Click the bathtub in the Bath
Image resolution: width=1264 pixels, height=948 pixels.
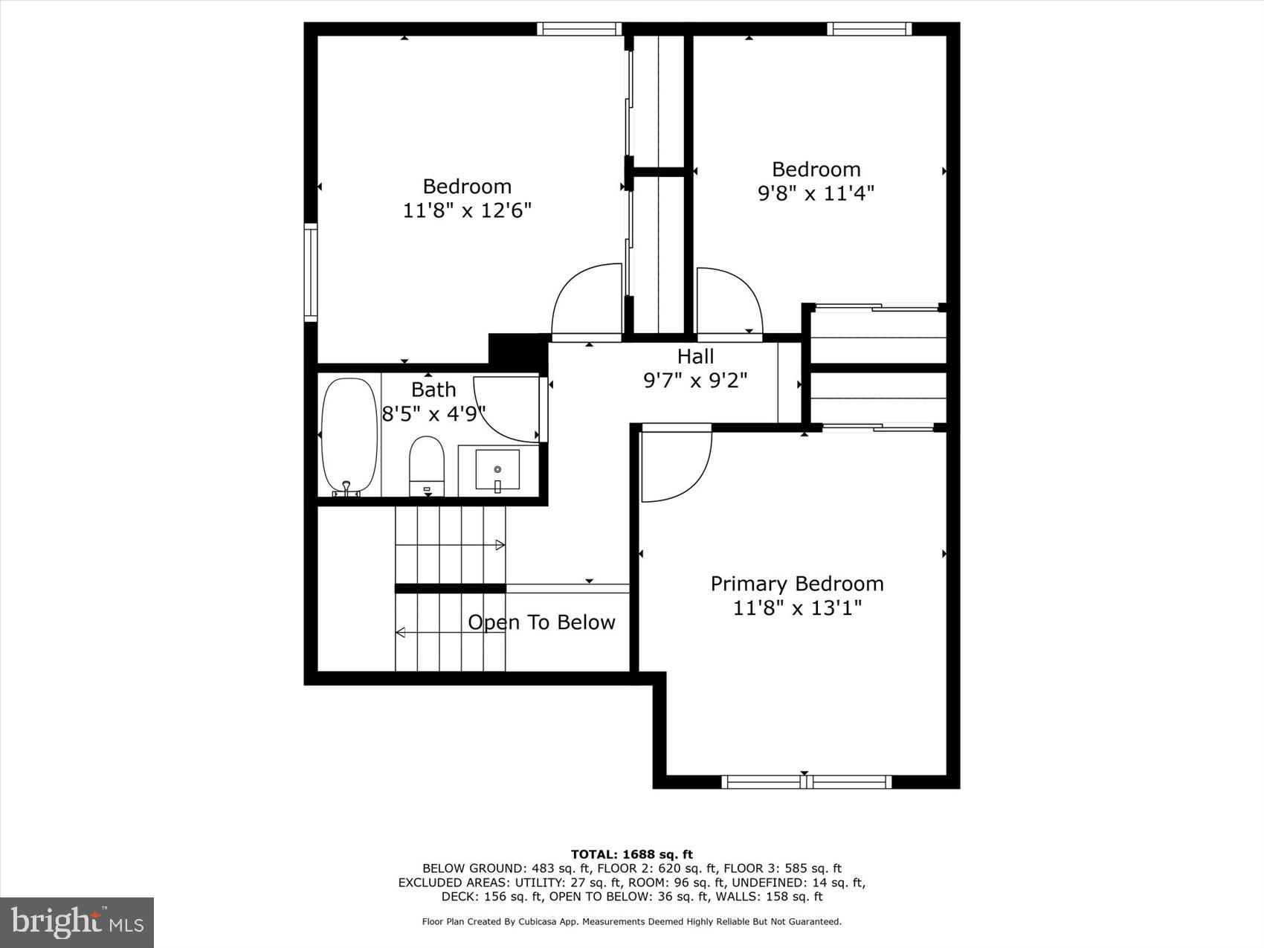point(349,436)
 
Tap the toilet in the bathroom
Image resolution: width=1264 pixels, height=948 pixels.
point(427,465)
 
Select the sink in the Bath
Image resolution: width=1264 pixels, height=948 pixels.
point(497,470)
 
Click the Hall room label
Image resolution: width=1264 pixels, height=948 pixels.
point(695,356)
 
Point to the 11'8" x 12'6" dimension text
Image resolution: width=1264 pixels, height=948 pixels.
point(467,210)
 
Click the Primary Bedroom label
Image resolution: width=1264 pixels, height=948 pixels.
point(797,584)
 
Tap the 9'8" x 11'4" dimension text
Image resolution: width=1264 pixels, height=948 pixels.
point(816,193)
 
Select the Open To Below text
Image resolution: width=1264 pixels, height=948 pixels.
point(541,622)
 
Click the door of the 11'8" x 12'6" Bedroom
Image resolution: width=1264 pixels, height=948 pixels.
point(586,301)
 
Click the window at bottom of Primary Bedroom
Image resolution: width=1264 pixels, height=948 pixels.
point(806,781)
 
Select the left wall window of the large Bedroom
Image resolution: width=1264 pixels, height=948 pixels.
point(311,272)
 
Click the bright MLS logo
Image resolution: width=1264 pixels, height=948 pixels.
point(77,923)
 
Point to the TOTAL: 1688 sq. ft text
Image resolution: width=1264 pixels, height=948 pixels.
point(631,854)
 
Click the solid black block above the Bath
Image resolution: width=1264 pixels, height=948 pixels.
point(517,349)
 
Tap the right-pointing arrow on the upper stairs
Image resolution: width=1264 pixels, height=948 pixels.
point(500,545)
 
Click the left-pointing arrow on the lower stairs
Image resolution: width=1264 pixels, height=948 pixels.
point(400,633)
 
